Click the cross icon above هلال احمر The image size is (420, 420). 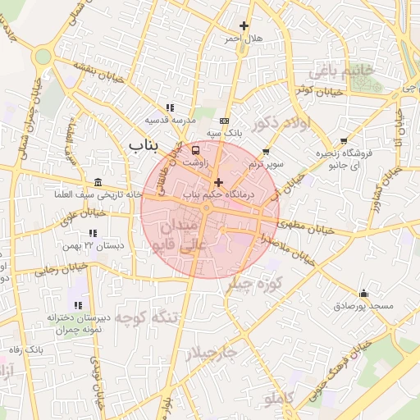click(243, 26)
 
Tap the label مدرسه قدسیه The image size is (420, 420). click(171, 120)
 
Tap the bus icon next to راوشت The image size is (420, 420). click(195, 150)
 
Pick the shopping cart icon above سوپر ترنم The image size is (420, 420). click(266, 151)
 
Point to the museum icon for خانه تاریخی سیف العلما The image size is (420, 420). click(98, 181)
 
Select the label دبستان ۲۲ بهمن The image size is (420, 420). click(94, 244)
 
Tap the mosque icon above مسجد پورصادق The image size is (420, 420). click(363, 293)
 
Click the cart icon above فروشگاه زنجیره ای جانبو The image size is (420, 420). click(344, 141)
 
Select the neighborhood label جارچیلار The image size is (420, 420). click(211, 354)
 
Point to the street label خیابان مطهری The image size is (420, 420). click(313, 229)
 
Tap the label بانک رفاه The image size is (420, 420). click(25, 350)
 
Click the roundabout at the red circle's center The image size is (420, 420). click(210, 209)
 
